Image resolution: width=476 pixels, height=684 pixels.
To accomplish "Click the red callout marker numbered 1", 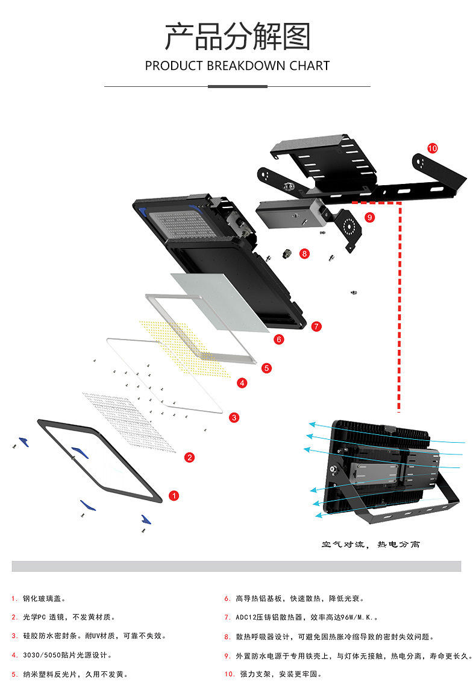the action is [174, 496].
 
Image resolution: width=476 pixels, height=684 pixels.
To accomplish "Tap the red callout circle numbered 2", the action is [189, 457].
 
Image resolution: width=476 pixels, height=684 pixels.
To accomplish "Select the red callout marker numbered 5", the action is [266, 367].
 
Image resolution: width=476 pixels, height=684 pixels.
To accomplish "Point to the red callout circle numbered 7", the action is [317, 326].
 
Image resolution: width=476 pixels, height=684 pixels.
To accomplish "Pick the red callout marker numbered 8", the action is [305, 254].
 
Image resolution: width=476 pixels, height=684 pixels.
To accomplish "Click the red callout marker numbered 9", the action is [369, 217].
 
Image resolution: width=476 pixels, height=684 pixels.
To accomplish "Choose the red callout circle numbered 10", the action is [432, 148].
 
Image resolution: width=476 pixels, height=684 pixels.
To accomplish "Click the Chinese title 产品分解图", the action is [237, 37].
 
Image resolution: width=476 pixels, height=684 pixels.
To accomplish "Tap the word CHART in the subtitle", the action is [310, 66].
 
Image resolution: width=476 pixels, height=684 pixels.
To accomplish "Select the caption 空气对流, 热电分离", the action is [371, 545].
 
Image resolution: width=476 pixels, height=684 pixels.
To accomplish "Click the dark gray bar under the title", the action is [237, 86].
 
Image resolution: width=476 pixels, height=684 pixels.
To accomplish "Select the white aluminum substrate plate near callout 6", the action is [220, 302].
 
